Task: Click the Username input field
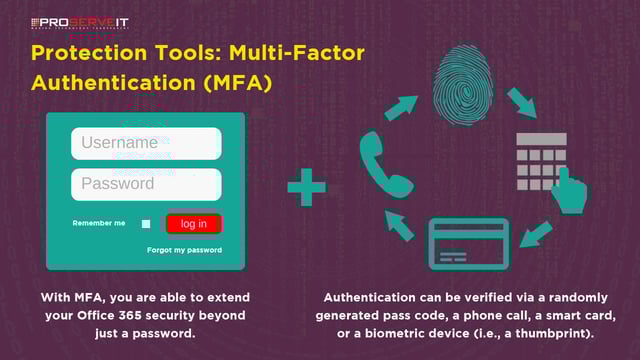click(x=146, y=143)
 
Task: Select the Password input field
click(x=146, y=184)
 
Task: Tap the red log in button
click(x=194, y=224)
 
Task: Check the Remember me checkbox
click(x=146, y=224)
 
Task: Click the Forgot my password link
click(x=184, y=250)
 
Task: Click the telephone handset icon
click(x=382, y=164)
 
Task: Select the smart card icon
click(x=468, y=243)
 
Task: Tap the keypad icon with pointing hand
click(x=550, y=171)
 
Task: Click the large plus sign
click(x=306, y=186)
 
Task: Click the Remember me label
click(x=99, y=223)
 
